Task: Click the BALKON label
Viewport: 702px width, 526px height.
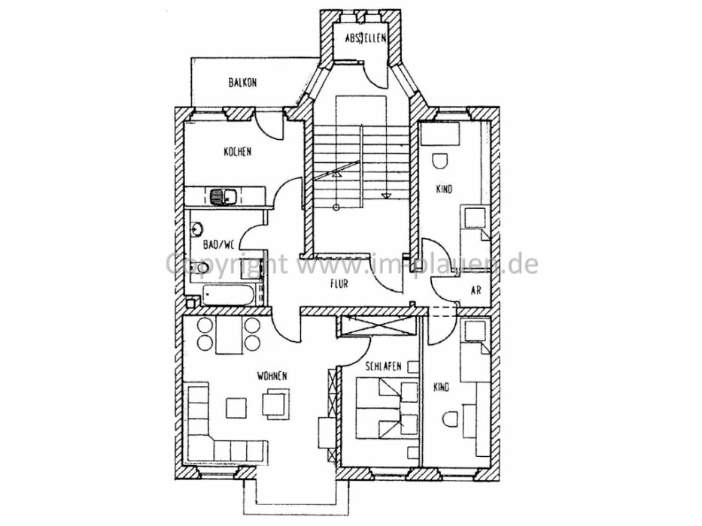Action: pos(243,83)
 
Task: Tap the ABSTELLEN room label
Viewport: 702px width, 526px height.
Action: pos(366,38)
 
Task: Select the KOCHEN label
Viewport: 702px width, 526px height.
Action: pos(237,152)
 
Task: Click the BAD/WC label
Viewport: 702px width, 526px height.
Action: pos(219,244)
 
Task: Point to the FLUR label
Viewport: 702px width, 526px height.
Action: pos(339,283)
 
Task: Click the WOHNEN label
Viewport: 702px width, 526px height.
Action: pos(272,376)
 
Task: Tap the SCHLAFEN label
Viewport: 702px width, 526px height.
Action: pos(383,367)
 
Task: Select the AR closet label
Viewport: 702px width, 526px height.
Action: pos(476,290)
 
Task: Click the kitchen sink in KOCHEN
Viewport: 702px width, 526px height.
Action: pos(224,196)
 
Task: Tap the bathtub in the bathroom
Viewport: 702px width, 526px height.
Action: pos(228,295)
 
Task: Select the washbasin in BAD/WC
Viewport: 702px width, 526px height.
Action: pos(196,229)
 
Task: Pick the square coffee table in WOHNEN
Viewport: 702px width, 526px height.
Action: pos(236,407)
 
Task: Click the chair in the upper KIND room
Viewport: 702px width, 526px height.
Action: pos(440,162)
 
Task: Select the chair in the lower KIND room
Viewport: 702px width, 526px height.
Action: pos(449,419)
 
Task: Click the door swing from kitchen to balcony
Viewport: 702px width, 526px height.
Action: pos(269,125)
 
